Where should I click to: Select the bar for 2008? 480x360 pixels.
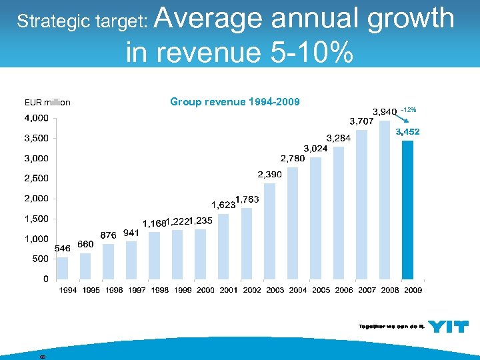(385, 200)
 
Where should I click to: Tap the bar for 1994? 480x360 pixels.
(63, 267)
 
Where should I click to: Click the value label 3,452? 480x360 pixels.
(407, 132)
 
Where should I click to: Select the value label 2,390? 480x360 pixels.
(270, 174)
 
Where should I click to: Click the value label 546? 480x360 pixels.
(62, 247)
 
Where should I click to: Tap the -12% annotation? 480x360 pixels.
(409, 109)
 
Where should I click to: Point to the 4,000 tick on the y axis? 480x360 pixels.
(36, 119)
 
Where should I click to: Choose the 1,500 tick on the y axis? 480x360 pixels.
(36, 219)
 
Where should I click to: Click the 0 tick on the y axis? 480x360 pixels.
(45, 279)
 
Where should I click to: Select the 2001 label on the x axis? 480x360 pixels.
(229, 290)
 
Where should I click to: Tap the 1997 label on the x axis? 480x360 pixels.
(137, 290)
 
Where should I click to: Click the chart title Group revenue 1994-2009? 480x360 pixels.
(235, 102)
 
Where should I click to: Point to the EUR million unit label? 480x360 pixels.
(47, 103)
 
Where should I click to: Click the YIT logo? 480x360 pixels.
(448, 326)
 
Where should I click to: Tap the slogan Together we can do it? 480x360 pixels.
(391, 326)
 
